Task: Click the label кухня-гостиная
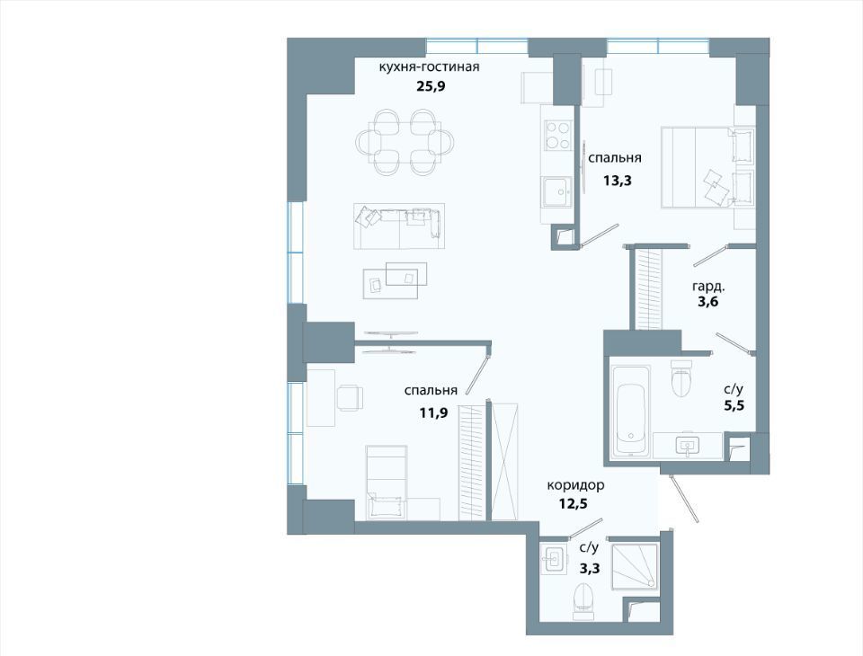429,67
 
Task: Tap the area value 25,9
430,86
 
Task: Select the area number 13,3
617,181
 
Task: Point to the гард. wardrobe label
708,287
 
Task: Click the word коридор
575,485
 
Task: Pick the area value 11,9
433,412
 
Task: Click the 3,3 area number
590,568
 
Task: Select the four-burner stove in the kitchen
557,136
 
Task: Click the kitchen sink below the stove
557,191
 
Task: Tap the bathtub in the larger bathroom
630,411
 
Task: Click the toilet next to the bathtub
681,377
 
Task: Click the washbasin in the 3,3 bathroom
553,560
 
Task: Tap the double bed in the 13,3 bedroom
707,167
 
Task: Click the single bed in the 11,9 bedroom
387,482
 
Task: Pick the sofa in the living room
398,226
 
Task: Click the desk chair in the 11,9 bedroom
350,397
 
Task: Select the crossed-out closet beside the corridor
504,462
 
